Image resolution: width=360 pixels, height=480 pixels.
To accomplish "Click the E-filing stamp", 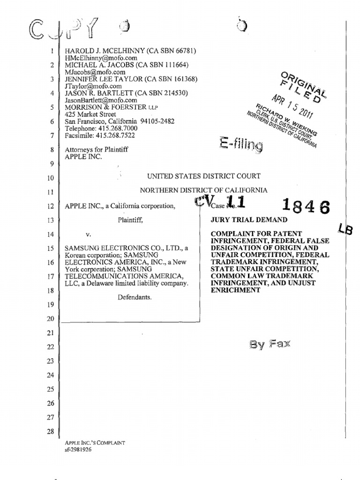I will tap(240, 144).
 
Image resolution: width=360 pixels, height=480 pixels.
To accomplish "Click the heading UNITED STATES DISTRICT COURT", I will tap(204, 176).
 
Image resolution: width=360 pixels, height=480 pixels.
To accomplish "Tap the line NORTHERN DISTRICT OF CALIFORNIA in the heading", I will tap(204, 190).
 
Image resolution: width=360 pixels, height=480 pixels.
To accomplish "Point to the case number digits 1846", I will tap(305, 206).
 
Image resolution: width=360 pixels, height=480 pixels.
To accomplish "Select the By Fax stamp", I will tap(270, 345).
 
